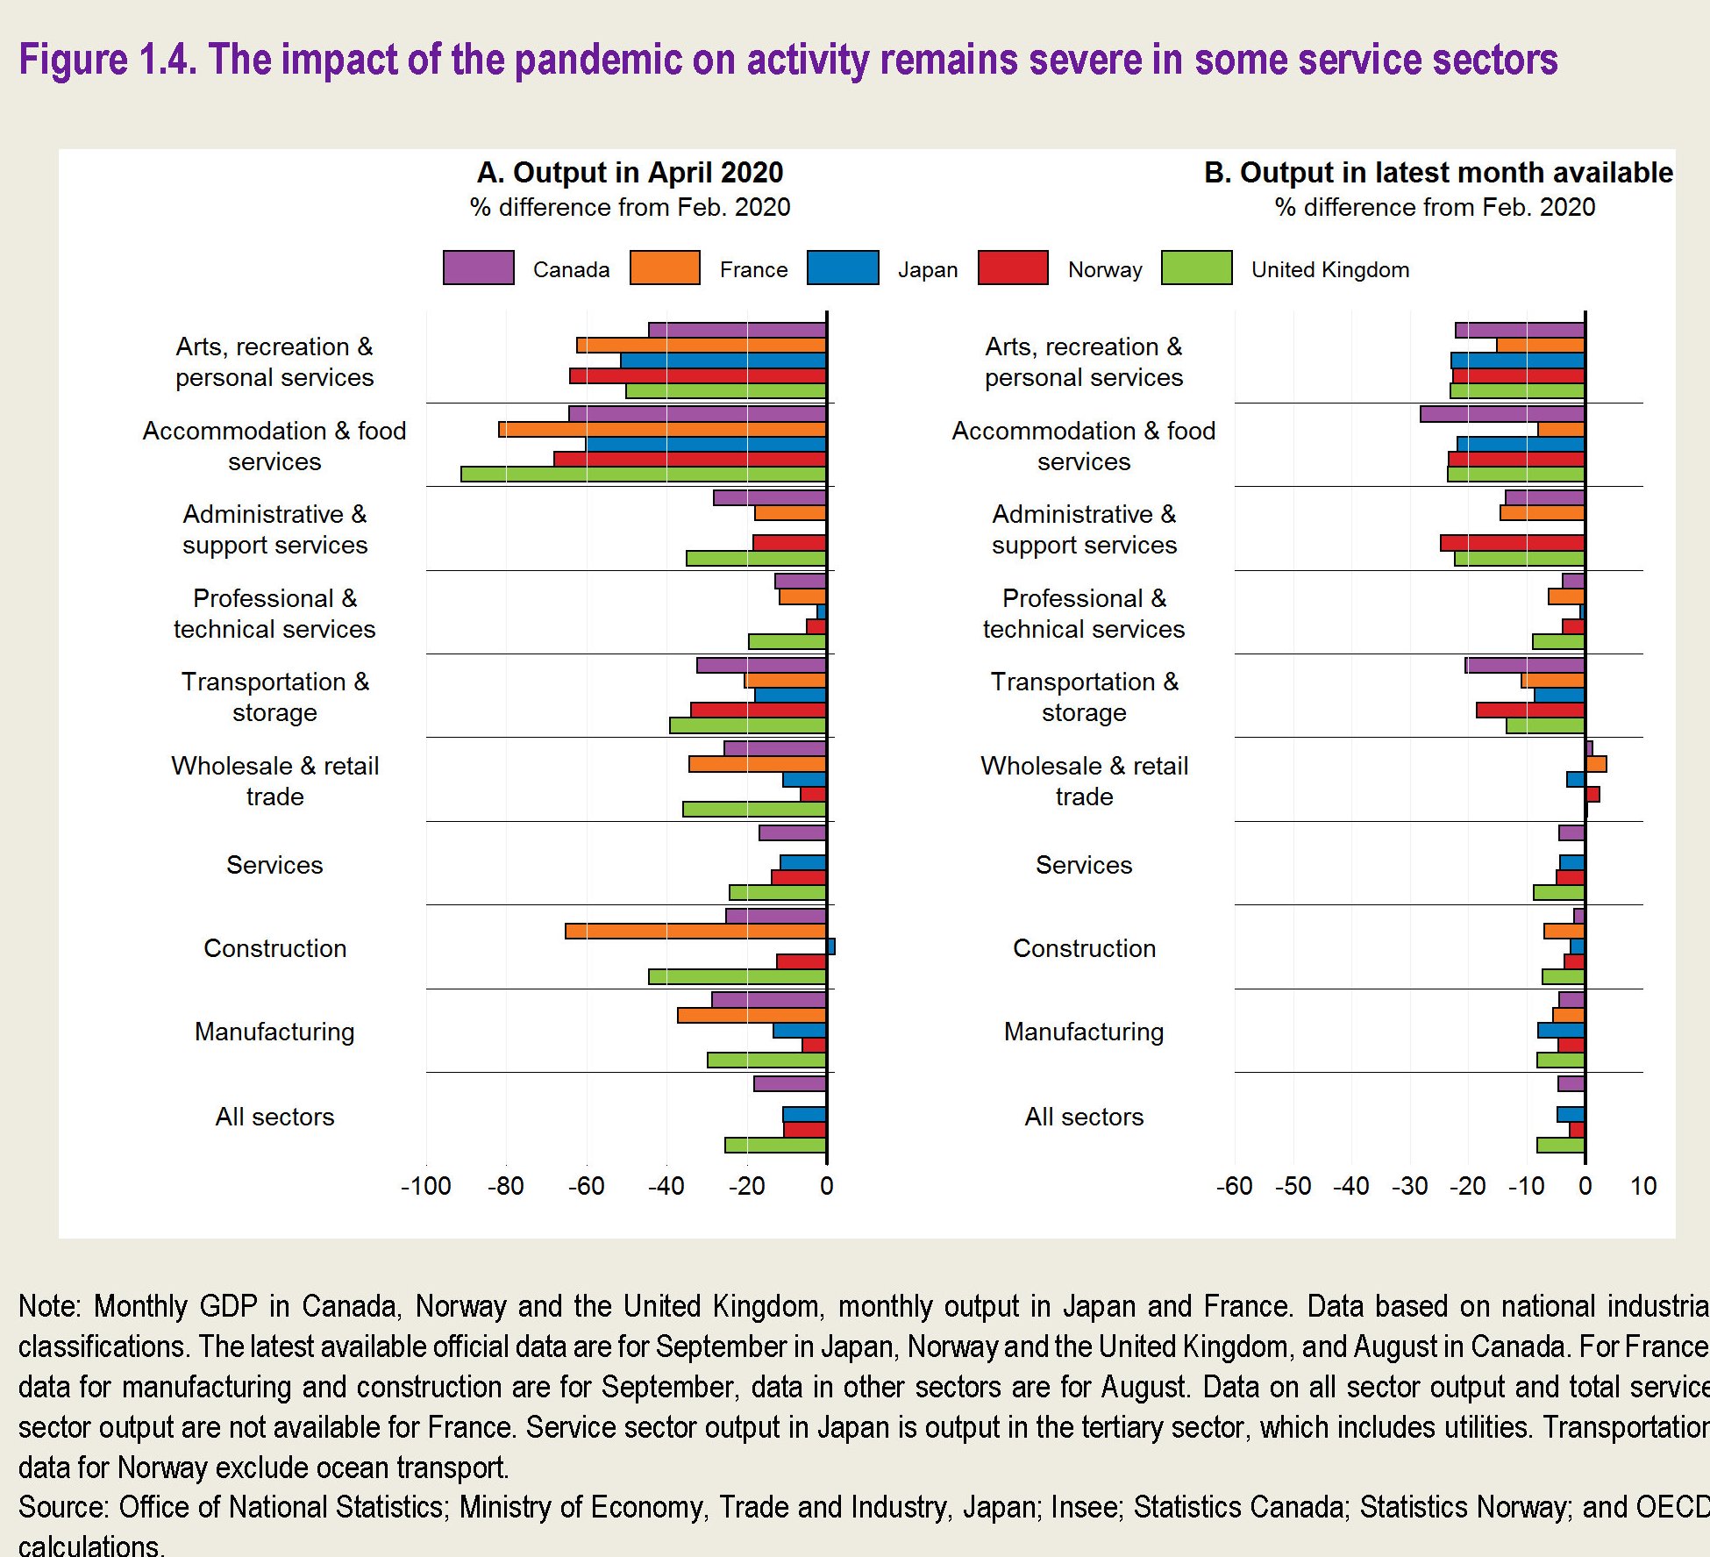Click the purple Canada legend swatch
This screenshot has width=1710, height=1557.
tap(478, 268)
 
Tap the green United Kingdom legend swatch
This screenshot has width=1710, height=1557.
tap(1196, 268)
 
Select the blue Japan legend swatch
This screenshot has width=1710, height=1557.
tap(842, 268)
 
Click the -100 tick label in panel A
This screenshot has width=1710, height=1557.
tap(425, 1186)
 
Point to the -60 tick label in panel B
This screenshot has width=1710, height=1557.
tap(1234, 1186)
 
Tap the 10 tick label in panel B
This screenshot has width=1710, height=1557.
tap(1642, 1186)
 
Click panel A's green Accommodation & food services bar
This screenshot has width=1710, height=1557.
tap(643, 474)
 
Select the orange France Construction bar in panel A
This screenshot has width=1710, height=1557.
tap(695, 931)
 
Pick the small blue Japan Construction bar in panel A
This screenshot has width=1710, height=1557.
tap(830, 946)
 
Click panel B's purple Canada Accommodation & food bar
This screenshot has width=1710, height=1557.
tap(1502, 414)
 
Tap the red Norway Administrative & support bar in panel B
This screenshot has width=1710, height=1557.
tap(1512, 543)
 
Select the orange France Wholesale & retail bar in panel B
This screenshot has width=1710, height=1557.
tap(1596, 764)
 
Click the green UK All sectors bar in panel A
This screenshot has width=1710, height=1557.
tap(775, 1145)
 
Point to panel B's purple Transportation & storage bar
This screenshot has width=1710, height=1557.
tap(1524, 665)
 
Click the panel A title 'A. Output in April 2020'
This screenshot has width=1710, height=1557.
tap(630, 173)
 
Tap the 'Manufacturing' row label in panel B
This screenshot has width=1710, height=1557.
tap(1083, 1032)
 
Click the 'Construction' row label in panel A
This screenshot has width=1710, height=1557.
tap(274, 948)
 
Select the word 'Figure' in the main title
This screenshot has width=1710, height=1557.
tap(74, 60)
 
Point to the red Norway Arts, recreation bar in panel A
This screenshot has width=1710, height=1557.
tap(697, 375)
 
